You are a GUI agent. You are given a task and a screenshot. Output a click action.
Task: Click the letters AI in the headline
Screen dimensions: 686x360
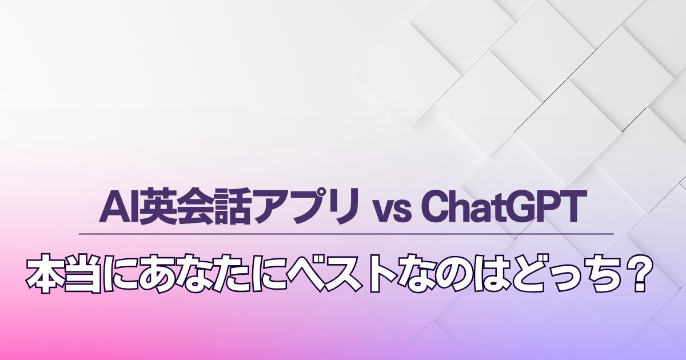(x=119, y=207)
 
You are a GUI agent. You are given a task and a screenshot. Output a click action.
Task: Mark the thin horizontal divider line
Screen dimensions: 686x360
(x=346, y=234)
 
